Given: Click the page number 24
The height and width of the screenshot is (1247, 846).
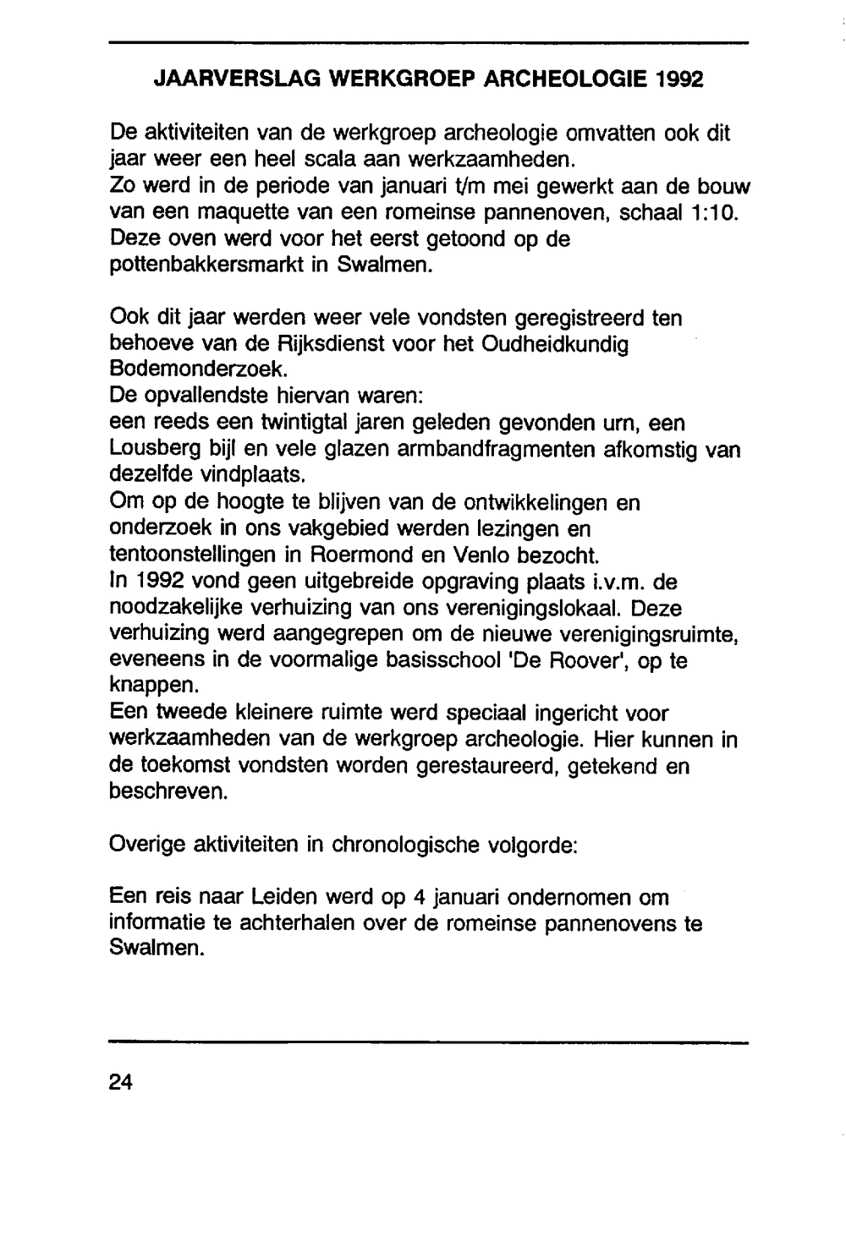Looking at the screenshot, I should coord(122,1082).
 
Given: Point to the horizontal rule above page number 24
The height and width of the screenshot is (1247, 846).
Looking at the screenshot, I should coord(429,1042).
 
